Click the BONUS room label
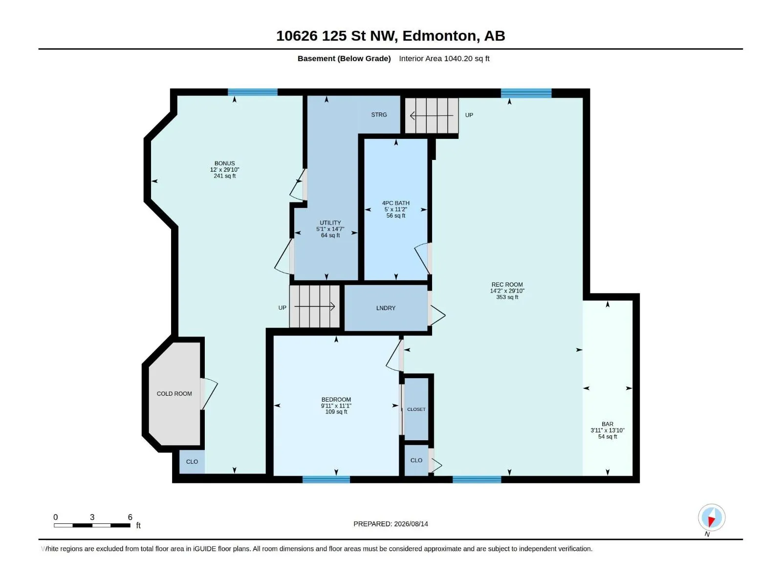coord(224,163)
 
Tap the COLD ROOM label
coord(174,394)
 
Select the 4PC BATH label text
coord(396,203)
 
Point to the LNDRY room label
coord(386,308)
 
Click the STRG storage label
coord(379,115)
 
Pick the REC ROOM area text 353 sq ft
coord(507,297)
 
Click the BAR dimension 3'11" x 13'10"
coord(608,430)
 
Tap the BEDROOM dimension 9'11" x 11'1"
coord(336,406)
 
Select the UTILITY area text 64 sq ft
coord(330,236)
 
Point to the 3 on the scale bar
coord(92,517)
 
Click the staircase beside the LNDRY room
coord(314,307)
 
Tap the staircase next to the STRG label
coord(432,115)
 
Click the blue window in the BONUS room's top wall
coord(253,92)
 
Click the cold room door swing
coord(209,394)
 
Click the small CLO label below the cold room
coord(192,462)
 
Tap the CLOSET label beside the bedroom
coord(416,409)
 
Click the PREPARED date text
coord(391,524)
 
